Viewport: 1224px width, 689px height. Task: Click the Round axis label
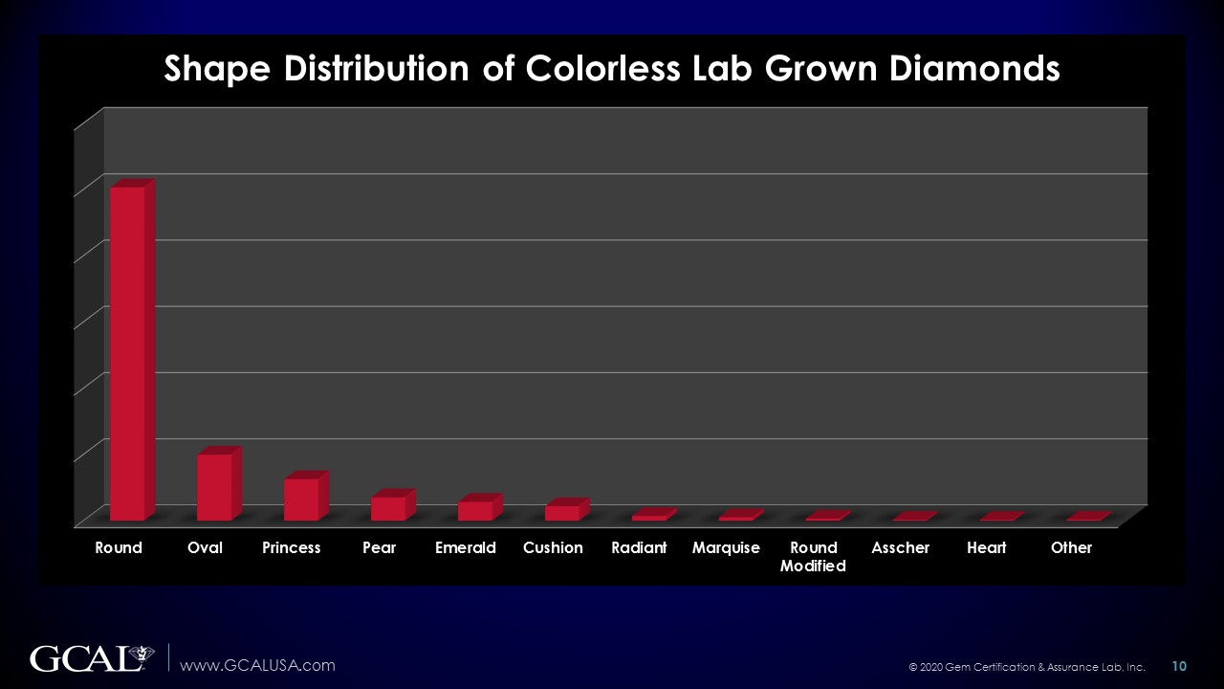coord(119,547)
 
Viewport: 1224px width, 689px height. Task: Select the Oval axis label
coord(205,547)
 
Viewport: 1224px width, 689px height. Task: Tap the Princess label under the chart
coord(292,547)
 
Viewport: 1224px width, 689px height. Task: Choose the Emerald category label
coord(466,547)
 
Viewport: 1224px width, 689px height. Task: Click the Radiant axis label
coord(639,547)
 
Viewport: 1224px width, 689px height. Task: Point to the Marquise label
coord(726,547)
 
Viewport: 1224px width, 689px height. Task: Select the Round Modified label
coord(813,556)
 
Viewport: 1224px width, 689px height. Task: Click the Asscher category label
coord(901,547)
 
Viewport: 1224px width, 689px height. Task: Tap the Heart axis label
coord(986,547)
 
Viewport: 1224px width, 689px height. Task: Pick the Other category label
coord(1071,547)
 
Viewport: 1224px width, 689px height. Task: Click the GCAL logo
coord(92,659)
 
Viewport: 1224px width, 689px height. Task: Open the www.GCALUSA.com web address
coord(258,665)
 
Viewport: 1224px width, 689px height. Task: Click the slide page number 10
coord(1179,665)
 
